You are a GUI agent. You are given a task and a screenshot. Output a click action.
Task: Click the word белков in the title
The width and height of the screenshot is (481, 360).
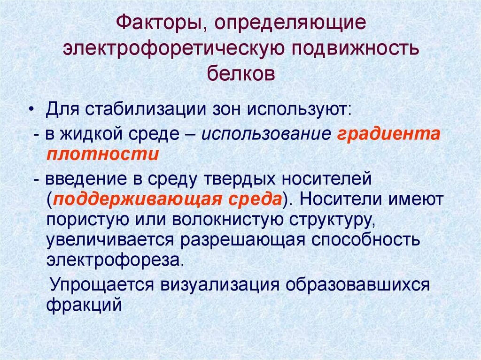[240, 74]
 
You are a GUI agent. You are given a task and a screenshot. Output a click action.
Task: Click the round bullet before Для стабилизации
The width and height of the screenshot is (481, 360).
[31, 108]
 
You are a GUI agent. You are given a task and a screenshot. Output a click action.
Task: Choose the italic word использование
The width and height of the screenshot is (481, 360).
[267, 134]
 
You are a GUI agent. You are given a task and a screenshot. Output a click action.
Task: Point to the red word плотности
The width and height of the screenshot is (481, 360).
[102, 154]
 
